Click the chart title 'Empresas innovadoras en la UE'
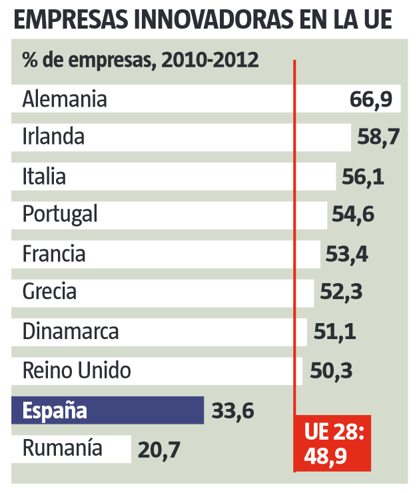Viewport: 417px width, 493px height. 202,20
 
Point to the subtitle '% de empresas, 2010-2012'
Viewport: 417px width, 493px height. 140,61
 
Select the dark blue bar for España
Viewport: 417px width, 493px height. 107,410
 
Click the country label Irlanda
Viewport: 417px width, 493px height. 53,138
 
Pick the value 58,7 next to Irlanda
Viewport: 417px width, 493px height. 378,138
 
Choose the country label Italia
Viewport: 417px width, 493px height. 44,177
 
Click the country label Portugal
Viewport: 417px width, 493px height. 60,215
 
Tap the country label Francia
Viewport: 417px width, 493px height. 54,254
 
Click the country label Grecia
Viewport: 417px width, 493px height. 49,292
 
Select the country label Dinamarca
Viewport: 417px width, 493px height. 71,331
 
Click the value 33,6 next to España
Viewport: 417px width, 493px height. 232,410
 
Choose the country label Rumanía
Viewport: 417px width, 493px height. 63,448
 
